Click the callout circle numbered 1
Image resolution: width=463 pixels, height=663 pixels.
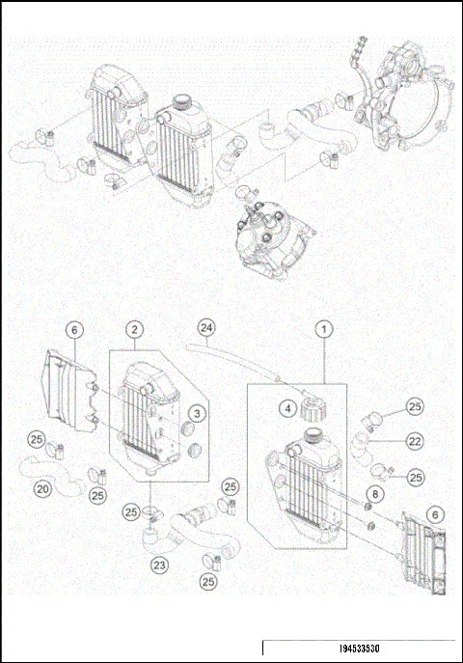tap(325, 329)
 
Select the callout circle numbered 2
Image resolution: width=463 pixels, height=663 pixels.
tap(135, 329)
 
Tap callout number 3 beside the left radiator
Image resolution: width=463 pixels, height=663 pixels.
tap(196, 413)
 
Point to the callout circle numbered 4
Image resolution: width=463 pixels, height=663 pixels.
tap(288, 407)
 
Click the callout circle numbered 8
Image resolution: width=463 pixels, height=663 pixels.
tap(376, 495)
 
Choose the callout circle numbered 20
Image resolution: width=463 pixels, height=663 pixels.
tap(43, 489)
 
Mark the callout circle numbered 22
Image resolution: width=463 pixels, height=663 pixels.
tap(415, 441)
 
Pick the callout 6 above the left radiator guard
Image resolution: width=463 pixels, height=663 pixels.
tap(73, 329)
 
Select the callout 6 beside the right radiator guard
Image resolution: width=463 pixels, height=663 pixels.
tap(437, 515)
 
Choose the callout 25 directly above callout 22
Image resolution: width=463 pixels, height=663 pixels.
tap(415, 406)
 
